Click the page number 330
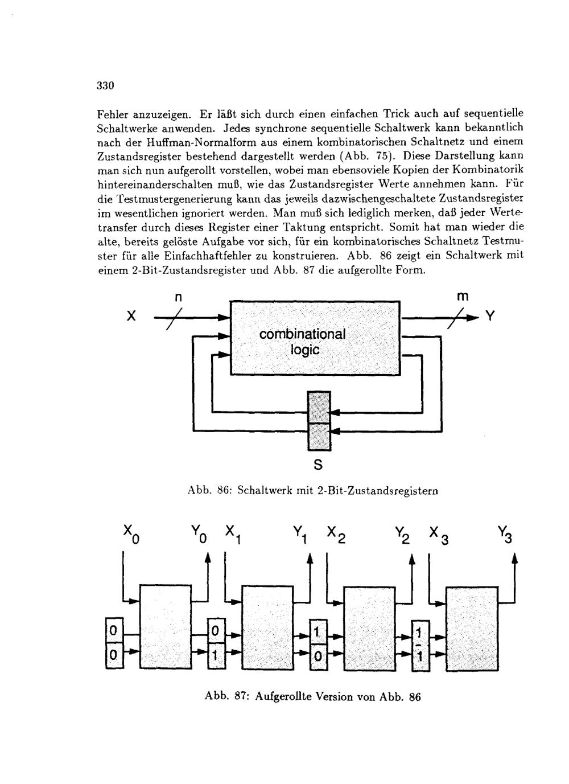(x=106, y=86)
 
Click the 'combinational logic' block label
(x=302, y=342)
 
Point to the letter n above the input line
(x=178, y=297)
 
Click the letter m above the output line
(x=462, y=297)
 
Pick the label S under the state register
(x=318, y=465)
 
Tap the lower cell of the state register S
(x=319, y=437)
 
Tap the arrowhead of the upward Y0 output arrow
(x=208, y=560)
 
